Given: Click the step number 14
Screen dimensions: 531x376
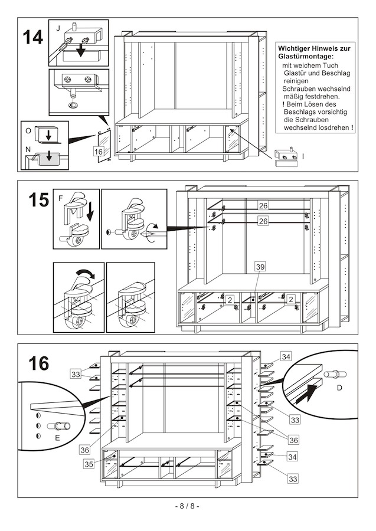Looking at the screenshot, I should (33, 37).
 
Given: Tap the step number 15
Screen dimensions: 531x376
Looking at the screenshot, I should (38, 200).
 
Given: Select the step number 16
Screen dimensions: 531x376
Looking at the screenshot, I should (38, 363).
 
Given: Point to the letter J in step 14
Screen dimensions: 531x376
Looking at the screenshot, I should (58, 28).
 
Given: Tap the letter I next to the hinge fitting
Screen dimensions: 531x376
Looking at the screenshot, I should (303, 156).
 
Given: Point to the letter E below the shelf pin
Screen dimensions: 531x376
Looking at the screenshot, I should (57, 438).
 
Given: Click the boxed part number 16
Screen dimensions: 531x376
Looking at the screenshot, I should (99, 152).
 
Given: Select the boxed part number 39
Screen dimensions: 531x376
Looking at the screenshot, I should (260, 267).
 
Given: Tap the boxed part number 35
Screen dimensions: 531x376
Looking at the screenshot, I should (89, 464).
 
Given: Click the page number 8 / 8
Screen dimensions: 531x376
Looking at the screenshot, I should (188, 506).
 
